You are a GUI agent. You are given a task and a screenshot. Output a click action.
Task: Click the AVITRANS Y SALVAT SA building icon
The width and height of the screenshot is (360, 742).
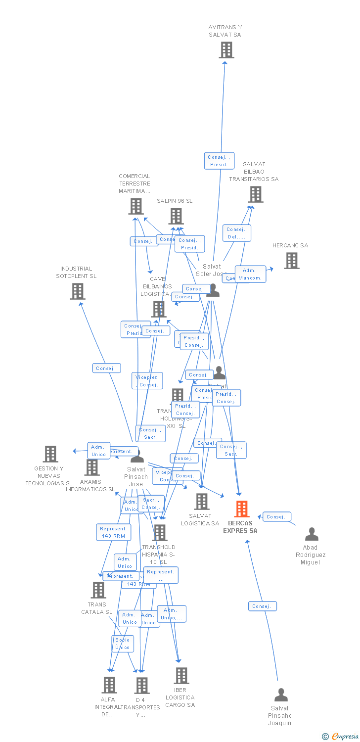click(x=226, y=50)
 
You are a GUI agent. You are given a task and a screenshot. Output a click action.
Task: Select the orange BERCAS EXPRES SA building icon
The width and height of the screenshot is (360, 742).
click(x=241, y=509)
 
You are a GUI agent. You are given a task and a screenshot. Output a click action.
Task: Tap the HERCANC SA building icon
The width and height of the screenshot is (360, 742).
click(x=291, y=261)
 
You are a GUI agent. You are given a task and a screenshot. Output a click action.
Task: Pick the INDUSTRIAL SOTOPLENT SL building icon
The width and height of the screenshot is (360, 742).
click(x=77, y=291)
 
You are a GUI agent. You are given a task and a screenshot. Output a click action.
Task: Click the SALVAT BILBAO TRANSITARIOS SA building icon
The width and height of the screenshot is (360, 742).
click(x=255, y=194)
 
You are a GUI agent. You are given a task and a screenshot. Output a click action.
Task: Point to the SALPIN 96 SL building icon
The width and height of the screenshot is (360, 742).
click(x=176, y=216)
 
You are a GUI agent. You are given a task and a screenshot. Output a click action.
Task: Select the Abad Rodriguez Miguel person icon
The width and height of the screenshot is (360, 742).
click(x=312, y=534)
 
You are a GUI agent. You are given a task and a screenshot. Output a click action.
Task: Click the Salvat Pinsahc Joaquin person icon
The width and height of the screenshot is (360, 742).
click(x=281, y=695)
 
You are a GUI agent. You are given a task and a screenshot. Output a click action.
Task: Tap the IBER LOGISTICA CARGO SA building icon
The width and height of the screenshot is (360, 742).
click(x=181, y=676)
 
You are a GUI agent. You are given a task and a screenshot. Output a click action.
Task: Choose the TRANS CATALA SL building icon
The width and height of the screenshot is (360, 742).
click(x=98, y=590)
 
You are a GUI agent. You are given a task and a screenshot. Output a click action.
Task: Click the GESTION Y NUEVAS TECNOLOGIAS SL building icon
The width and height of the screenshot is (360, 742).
click(x=50, y=454)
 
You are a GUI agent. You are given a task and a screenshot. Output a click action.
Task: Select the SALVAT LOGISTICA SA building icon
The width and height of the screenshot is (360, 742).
click(x=201, y=502)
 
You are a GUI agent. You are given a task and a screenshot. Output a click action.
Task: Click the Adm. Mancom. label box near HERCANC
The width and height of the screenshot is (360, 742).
click(x=250, y=274)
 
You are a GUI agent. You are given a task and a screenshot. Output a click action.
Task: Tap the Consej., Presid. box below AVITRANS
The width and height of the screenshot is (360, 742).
click(x=219, y=161)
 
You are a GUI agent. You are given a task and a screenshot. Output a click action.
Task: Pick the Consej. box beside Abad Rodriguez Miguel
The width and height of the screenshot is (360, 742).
click(x=276, y=517)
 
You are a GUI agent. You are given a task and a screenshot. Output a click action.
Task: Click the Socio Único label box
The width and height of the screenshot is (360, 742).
click(x=123, y=644)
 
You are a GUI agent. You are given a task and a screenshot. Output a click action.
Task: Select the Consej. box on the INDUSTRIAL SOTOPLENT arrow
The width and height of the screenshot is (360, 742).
click(x=106, y=368)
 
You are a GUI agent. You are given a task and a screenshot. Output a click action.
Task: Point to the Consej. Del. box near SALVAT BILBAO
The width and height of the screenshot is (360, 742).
click(x=236, y=233)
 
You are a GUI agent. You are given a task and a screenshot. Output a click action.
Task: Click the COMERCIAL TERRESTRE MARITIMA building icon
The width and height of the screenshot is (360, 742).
click(x=135, y=206)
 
